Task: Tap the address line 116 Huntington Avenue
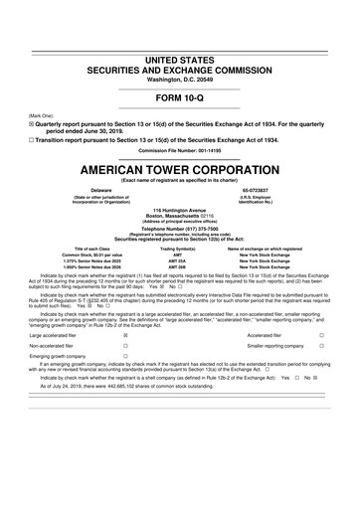point(180,212)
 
